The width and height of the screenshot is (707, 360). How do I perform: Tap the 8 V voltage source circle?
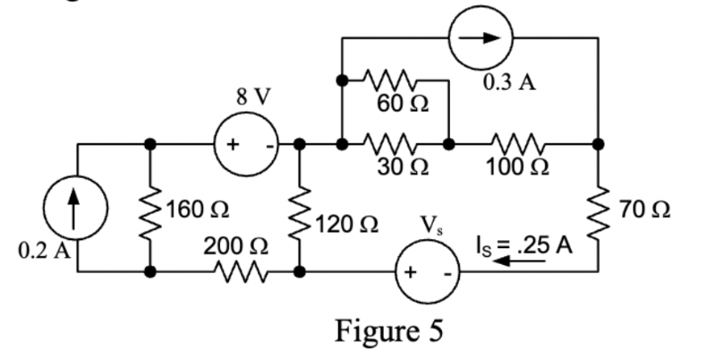tap(243, 143)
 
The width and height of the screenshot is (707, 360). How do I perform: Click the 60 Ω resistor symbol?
tap(394, 80)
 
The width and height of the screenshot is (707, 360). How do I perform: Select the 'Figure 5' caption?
tap(389, 330)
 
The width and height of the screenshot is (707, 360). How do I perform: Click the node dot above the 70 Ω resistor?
tap(597, 143)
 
